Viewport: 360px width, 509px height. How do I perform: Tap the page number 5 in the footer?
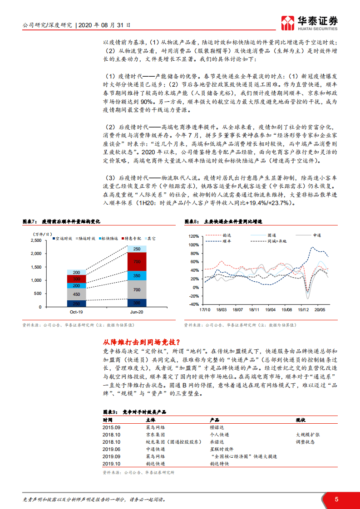coord(336,499)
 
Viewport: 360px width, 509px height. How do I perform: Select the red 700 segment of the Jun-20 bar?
coord(137,262)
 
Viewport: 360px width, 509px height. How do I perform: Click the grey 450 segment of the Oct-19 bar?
coord(76,294)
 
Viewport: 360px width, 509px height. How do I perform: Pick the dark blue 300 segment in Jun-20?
coord(137,303)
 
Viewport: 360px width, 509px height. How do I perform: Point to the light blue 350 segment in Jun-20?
coord(137,275)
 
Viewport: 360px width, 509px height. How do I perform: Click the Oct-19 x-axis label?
coord(76,313)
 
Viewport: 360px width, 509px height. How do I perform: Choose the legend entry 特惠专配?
coord(132,238)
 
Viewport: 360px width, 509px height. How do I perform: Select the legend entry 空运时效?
coord(64,238)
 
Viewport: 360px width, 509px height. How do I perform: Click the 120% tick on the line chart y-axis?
coord(193,236)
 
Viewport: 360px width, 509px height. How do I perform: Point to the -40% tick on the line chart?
coord(194,304)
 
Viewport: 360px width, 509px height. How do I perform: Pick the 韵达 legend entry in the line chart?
coord(227,235)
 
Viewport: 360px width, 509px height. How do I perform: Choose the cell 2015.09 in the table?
coord(111,427)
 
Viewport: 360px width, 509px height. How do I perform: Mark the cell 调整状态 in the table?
coord(305,442)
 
